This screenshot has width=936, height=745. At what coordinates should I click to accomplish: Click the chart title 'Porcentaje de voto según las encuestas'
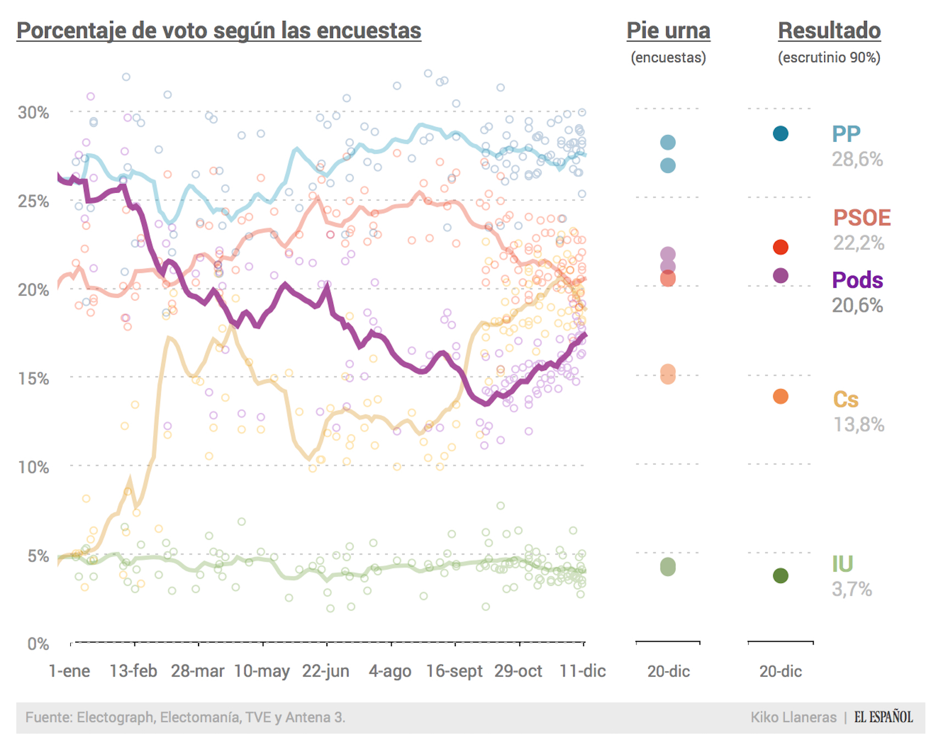[x=218, y=31]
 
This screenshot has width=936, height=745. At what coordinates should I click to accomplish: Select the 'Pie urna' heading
[x=668, y=31]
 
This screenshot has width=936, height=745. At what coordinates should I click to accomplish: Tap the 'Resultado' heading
[x=829, y=31]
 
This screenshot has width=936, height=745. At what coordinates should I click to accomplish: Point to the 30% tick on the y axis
[x=33, y=113]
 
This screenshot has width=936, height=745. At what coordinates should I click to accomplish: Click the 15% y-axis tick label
[x=33, y=378]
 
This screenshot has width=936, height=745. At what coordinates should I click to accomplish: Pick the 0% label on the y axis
[x=38, y=643]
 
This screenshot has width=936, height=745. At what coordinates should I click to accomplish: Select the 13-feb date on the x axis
[x=133, y=671]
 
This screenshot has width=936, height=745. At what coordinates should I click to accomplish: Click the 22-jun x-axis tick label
[x=326, y=671]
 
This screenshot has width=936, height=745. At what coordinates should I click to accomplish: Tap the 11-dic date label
[x=582, y=671]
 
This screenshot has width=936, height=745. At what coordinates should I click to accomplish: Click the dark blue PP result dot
[x=780, y=133]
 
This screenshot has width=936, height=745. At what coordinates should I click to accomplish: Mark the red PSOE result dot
[x=780, y=247]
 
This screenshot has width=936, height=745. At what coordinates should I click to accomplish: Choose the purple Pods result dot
[x=780, y=276]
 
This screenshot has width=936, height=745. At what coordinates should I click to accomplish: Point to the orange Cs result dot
[x=780, y=396]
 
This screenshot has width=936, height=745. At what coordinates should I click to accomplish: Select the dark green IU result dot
[x=780, y=575]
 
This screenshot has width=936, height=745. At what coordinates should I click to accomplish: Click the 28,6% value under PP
[x=857, y=159]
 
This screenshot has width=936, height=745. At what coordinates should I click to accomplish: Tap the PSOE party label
[x=861, y=218]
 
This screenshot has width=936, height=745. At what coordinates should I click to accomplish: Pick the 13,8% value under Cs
[x=859, y=424]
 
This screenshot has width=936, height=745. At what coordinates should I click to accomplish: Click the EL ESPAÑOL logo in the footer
[x=883, y=717]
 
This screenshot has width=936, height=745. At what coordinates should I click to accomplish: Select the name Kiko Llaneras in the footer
[x=793, y=717]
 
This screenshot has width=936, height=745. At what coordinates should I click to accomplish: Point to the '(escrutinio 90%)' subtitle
[x=829, y=57]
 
